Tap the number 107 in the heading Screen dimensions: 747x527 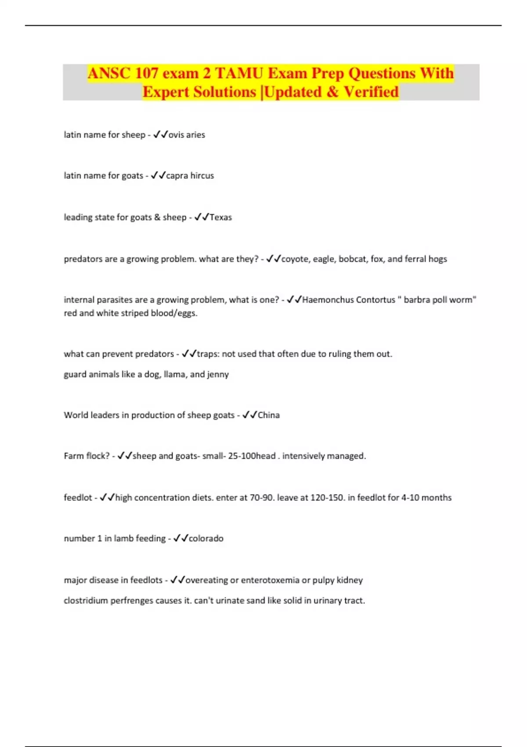point(146,73)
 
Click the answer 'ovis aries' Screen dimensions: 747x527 point(187,135)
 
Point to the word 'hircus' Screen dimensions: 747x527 point(202,176)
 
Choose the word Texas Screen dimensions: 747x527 point(220,218)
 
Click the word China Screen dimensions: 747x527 point(268,415)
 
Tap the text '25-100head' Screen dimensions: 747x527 point(252,456)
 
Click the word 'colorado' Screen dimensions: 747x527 point(206,539)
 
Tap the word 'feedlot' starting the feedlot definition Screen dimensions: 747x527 point(78,498)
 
